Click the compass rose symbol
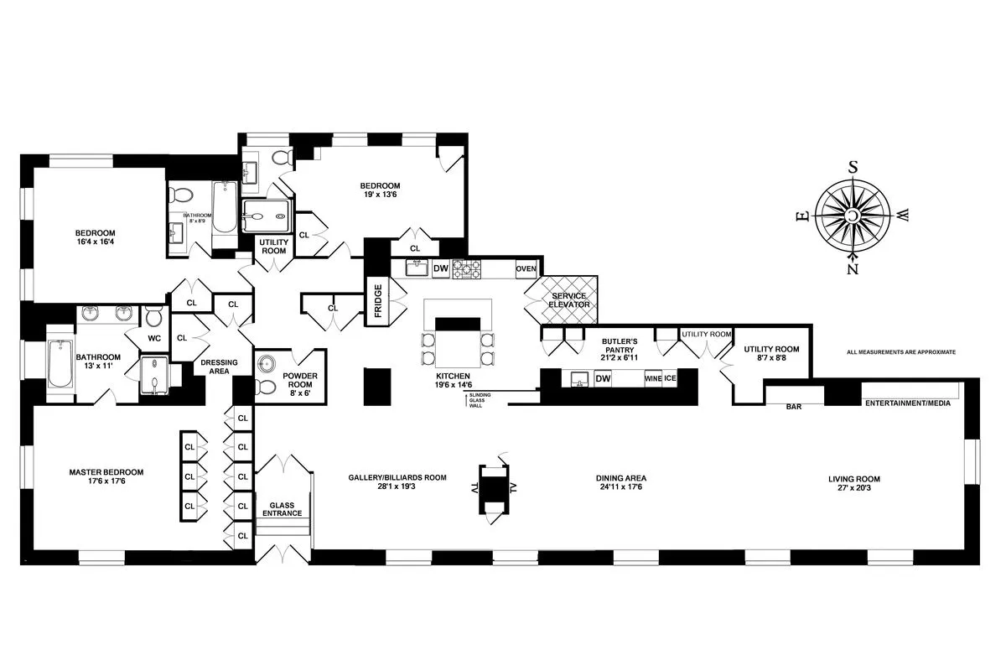tap(853, 215)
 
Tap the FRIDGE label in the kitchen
tap(378, 299)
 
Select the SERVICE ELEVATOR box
tap(569, 300)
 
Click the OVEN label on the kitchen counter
tap(526, 268)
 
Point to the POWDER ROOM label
tap(299, 382)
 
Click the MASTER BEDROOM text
tap(106, 477)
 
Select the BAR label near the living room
tap(794, 408)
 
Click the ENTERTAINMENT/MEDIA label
tap(908, 403)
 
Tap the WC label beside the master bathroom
tap(153, 339)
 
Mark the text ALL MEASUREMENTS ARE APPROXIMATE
tap(900, 352)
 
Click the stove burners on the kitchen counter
tap(467, 268)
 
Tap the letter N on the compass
tap(853, 269)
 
